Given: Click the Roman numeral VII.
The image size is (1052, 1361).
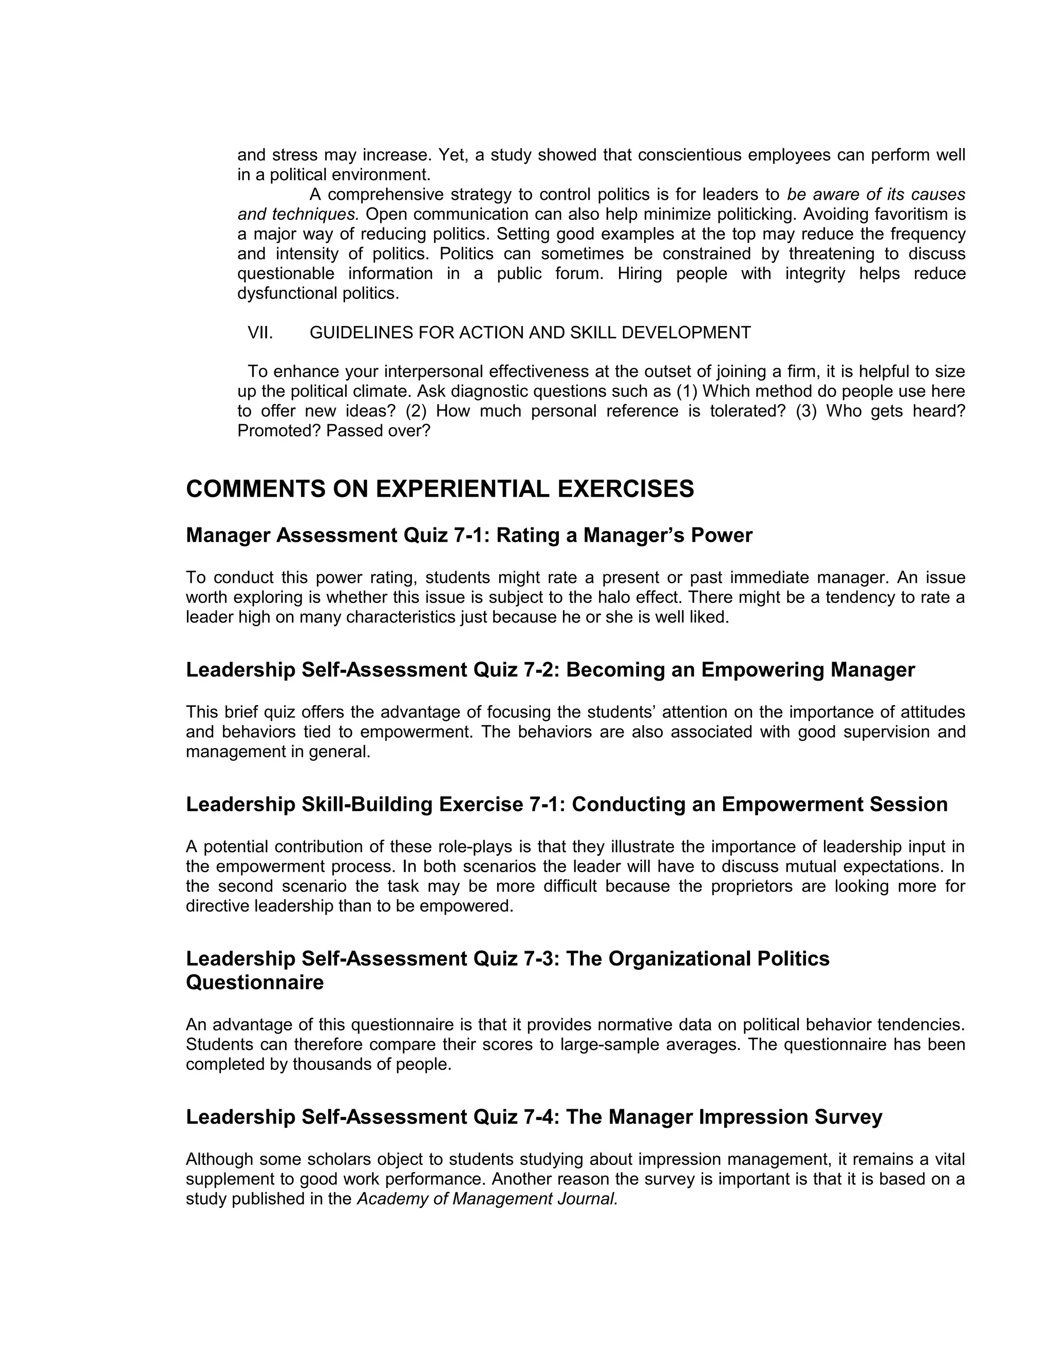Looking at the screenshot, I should click(260, 333).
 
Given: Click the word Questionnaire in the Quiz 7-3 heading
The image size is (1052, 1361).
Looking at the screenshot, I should click(255, 982).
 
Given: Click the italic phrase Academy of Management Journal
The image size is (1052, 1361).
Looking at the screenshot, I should click(487, 1199).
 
